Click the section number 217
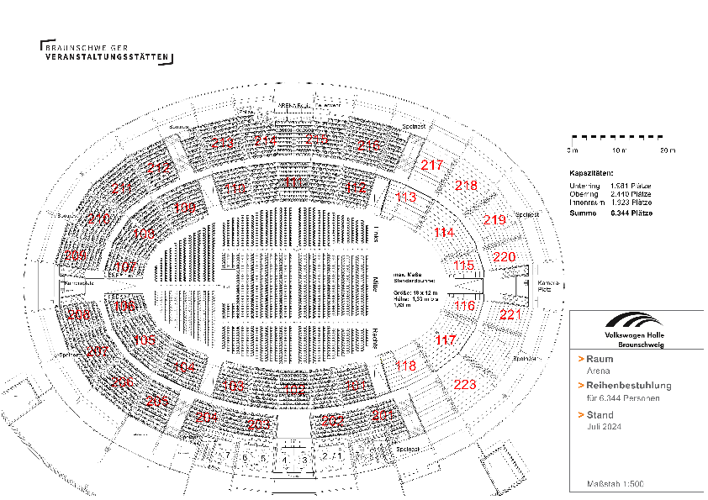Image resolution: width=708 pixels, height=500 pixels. point(432,166)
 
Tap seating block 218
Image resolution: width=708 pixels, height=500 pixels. point(466,185)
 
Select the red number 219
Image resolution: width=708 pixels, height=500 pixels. point(495,220)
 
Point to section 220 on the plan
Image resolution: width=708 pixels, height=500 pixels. point(505,256)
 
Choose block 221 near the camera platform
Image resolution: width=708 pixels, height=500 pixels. point(510,315)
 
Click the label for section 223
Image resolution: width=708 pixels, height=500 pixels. point(465,385)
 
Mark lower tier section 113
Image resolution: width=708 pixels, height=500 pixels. point(405,197)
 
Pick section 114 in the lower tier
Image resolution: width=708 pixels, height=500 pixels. point(444,232)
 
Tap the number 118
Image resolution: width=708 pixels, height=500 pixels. point(405,366)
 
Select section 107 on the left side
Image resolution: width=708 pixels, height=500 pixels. point(125,266)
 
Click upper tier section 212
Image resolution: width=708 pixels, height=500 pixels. point(159,168)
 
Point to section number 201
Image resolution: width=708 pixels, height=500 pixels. point(383,416)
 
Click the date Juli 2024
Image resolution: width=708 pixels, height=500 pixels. point(603,427)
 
